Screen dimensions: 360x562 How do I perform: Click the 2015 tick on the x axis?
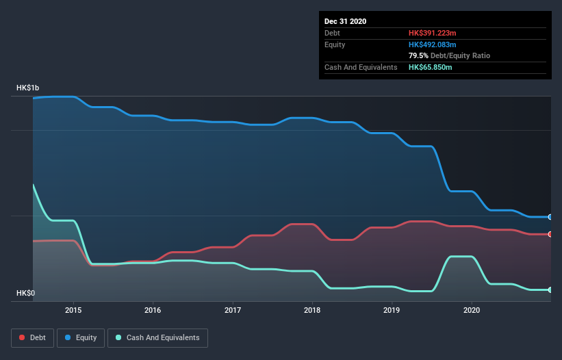click(x=73, y=309)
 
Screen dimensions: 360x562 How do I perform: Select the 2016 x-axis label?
click(x=153, y=309)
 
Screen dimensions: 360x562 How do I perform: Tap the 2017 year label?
click(x=233, y=309)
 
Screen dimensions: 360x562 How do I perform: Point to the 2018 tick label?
click(x=312, y=309)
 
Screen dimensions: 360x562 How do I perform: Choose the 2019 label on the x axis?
click(x=392, y=309)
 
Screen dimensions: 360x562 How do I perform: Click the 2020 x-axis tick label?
click(x=472, y=309)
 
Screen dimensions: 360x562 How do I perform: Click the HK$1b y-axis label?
click(x=28, y=88)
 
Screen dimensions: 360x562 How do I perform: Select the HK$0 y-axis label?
click(x=25, y=293)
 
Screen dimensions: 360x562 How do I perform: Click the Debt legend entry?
click(x=32, y=337)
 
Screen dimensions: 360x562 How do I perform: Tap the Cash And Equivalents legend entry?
click(x=157, y=337)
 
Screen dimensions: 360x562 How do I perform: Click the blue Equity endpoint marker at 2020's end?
click(x=550, y=217)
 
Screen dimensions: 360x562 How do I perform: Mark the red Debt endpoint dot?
click(x=550, y=234)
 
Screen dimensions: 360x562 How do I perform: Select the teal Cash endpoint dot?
click(x=550, y=290)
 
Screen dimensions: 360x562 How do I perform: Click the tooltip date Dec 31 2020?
click(x=345, y=21)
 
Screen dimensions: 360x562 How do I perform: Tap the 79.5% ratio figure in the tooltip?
click(x=418, y=55)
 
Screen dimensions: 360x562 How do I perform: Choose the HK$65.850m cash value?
click(x=430, y=67)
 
